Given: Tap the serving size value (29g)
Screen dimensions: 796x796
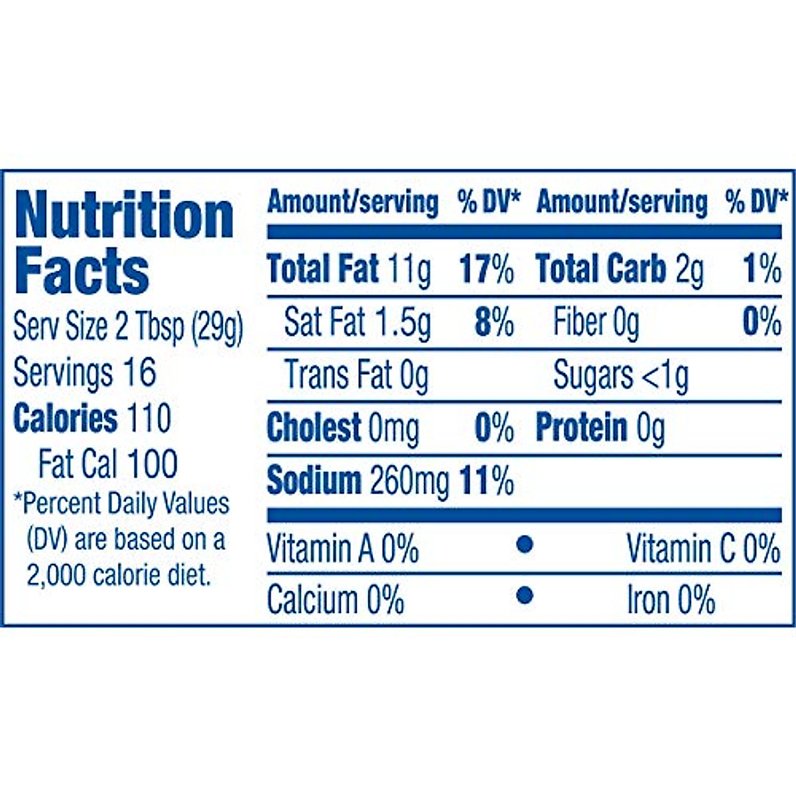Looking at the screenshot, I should click(x=217, y=327).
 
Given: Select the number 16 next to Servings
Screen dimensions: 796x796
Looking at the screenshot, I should click(x=139, y=372).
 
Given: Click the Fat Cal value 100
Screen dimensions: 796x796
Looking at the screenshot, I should click(x=153, y=464).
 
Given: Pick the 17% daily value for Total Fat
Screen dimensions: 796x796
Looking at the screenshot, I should click(x=486, y=270).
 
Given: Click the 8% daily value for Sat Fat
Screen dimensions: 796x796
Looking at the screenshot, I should click(x=494, y=323).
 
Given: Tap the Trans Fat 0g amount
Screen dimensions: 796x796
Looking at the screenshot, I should click(x=415, y=375).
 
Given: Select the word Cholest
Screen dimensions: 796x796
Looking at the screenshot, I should click(x=314, y=428).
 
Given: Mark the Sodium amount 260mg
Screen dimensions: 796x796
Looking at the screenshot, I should click(x=409, y=481).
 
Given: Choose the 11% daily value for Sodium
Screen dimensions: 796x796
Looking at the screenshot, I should click(x=486, y=481).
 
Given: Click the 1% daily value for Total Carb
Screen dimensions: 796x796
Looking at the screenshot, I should click(x=762, y=270).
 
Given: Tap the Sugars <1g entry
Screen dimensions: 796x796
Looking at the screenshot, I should click(x=621, y=376).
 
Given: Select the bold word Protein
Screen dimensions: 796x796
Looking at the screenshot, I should click(x=581, y=428).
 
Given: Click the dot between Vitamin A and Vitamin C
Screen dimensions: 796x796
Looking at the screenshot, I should click(x=524, y=545).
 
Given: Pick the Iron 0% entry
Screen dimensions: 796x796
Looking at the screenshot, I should click(x=671, y=600).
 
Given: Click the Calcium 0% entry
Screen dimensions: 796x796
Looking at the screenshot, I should click(x=336, y=600).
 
